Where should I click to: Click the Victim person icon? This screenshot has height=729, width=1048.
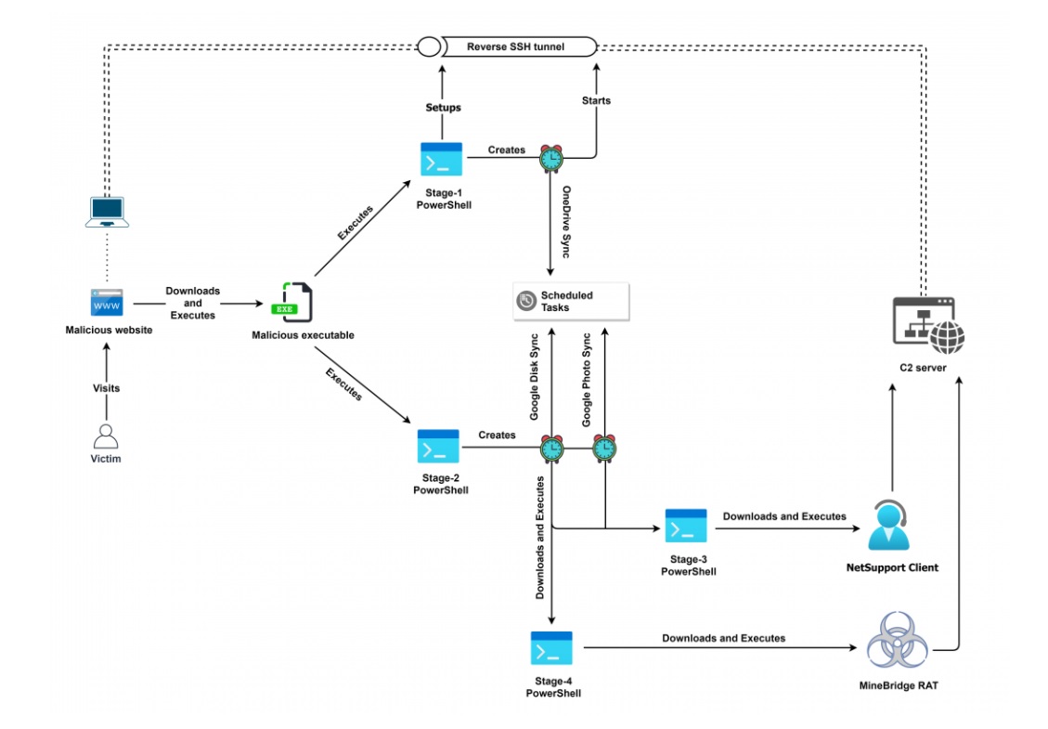[107, 436]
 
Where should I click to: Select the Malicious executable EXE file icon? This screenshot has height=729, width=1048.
[291, 302]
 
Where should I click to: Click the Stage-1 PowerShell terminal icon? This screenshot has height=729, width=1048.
[441, 159]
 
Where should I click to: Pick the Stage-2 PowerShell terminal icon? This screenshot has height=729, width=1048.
[438, 447]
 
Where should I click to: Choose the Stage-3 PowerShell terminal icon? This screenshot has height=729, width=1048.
[686, 526]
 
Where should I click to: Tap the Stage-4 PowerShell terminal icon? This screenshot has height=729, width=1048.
[551, 647]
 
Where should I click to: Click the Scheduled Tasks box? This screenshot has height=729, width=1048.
[571, 301]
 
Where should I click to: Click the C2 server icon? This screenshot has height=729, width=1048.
[927, 326]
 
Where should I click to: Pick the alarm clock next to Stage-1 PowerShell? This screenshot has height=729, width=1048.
[551, 159]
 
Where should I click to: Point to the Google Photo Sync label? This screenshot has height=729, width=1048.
[587, 379]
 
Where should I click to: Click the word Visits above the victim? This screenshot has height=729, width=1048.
[107, 388]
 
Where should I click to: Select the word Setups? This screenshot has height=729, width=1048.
[443, 108]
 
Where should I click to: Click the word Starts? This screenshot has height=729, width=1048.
[596, 100]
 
